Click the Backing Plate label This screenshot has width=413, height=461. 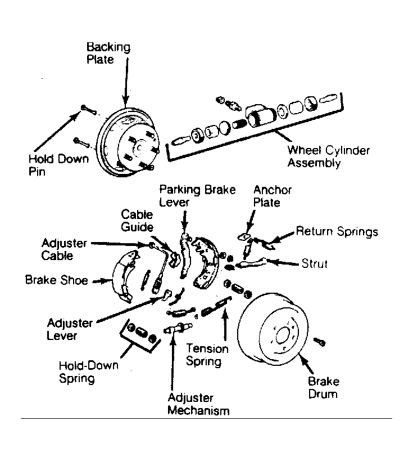pos(108,53)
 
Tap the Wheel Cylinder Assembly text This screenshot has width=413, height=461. pos(329,156)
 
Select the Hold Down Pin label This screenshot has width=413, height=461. pos(58,164)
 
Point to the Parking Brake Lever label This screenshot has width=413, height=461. pos(197,196)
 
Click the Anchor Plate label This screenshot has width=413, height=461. pos(273,196)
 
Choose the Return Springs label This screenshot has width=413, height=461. pos(337,231)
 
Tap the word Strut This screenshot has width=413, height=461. pos(314,264)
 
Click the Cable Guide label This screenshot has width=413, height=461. pos(137,221)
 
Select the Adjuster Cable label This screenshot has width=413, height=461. pos(64,249)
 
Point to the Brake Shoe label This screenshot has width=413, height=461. pos(56,280)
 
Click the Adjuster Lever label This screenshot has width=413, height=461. pos(70,329)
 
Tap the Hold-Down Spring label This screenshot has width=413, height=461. pos(88,372)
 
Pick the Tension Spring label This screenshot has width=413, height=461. pos(207,355)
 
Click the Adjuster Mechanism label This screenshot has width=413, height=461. pos(198,404)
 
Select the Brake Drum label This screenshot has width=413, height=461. pos(324,388)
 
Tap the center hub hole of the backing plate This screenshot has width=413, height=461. pos(139,148)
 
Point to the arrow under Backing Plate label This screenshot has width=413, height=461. pos(126,82)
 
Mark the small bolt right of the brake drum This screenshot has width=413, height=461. pos(319,342)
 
